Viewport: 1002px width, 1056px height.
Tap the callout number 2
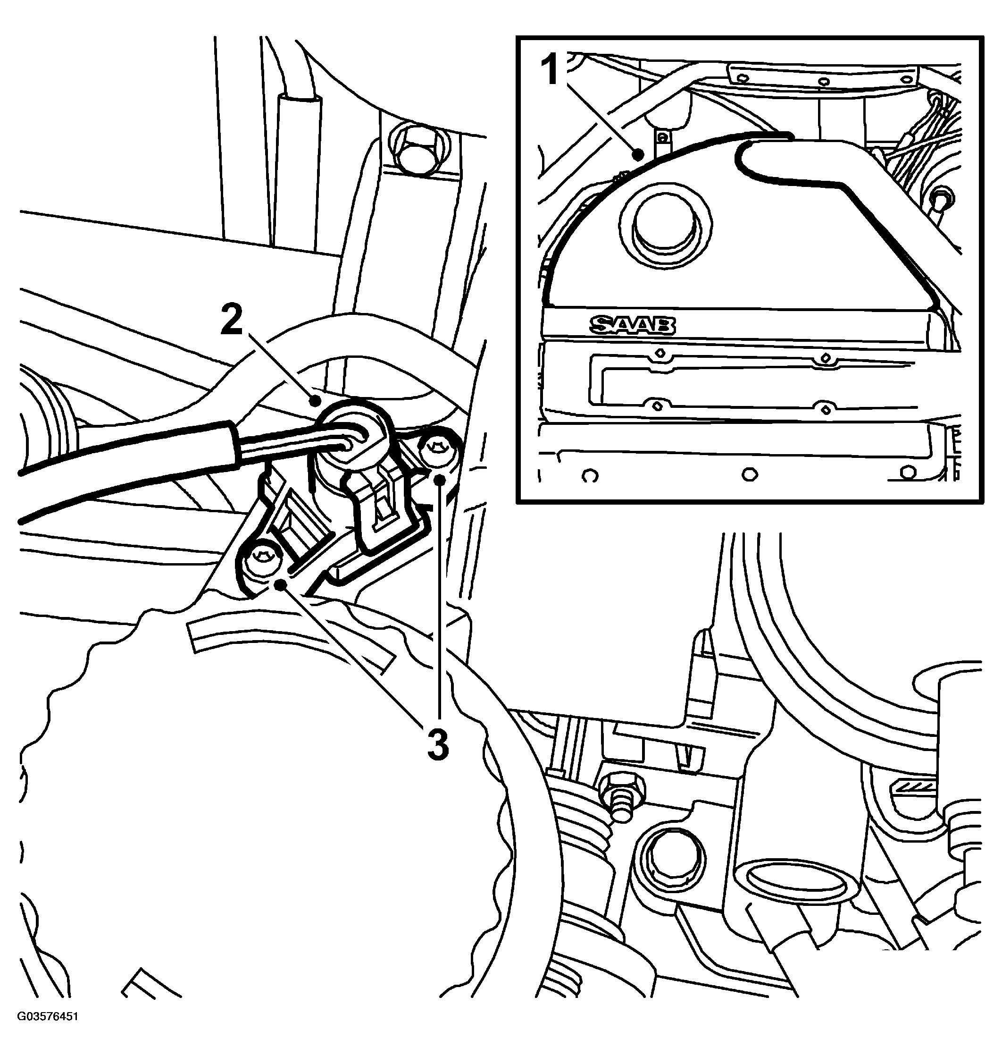(x=231, y=320)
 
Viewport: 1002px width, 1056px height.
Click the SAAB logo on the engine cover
(x=633, y=324)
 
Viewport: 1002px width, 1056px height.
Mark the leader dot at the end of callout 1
(x=638, y=155)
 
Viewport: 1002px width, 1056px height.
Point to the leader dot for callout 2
(x=316, y=399)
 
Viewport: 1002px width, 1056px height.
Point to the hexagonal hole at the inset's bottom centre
(x=751, y=474)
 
